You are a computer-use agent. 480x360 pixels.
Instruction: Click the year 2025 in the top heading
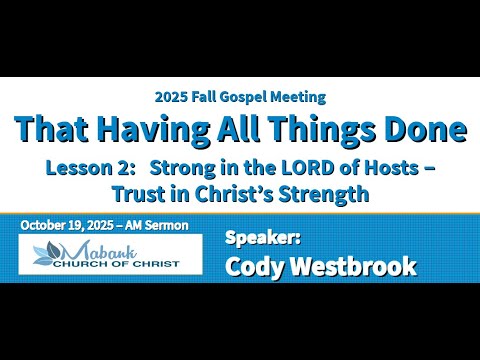[x=171, y=97]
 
